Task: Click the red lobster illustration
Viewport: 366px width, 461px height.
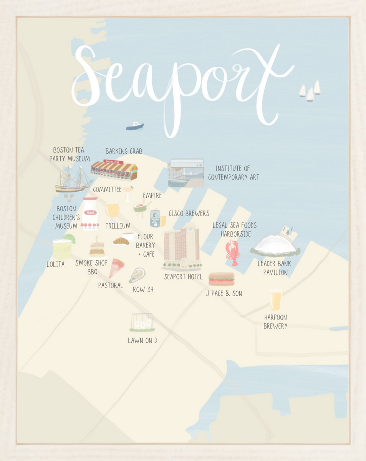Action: pos(233,252)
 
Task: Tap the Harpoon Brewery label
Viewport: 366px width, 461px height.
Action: pos(275,322)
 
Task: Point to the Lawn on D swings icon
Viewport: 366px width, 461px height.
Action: pos(142,323)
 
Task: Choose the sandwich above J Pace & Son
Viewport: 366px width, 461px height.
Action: pos(221,279)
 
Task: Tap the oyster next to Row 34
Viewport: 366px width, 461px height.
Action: pos(137,275)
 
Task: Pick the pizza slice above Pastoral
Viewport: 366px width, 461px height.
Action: pos(116,268)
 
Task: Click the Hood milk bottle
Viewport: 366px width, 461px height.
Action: pos(90,214)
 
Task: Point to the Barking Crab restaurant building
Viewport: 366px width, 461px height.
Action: pos(114,170)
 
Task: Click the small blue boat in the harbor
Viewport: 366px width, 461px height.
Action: pos(135,126)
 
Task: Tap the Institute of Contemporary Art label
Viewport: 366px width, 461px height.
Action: pos(233,173)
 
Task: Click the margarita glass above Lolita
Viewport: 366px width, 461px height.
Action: pos(63,247)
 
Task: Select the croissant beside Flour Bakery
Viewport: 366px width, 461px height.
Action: pos(121,241)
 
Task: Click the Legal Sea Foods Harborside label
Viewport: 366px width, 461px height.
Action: pos(235,229)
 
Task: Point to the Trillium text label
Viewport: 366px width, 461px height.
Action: pos(118,226)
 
